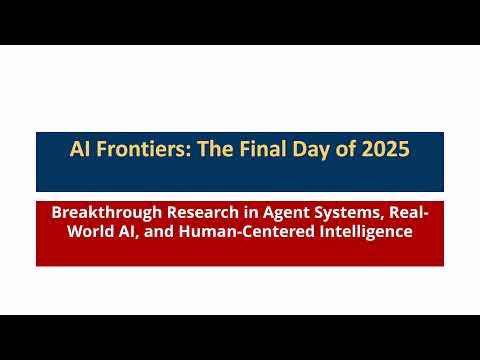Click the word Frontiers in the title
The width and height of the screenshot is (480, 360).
click(x=137, y=151)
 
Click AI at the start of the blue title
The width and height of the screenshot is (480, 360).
click(x=80, y=151)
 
